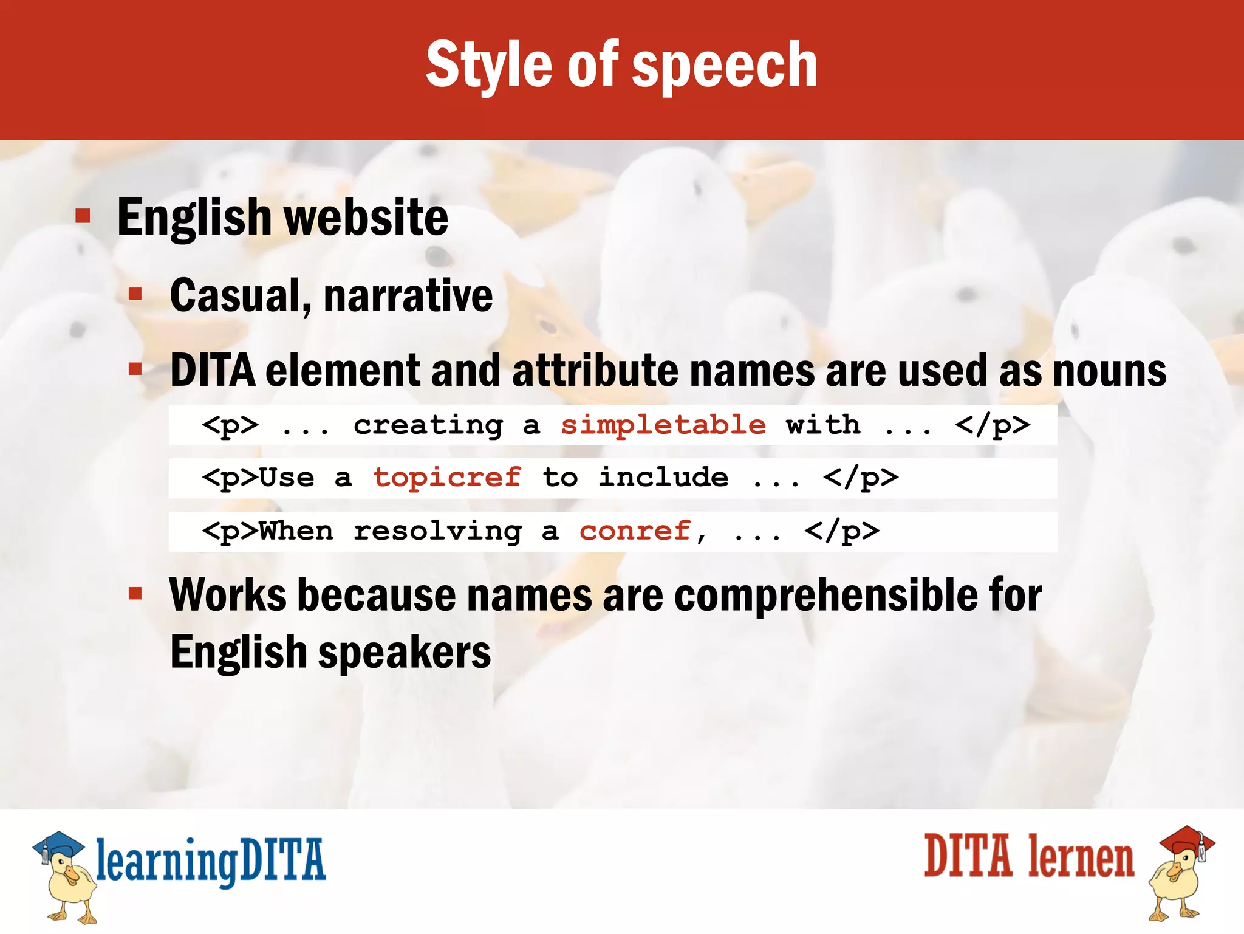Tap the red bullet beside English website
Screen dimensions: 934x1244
83,216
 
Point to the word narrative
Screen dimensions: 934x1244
408,296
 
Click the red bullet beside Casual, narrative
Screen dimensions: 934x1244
135,295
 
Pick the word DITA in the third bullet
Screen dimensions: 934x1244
213,370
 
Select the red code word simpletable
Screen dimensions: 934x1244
663,425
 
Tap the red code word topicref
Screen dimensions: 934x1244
447,478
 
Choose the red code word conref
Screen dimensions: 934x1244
635,531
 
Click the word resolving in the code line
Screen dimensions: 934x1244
437,531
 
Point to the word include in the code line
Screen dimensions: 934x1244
663,478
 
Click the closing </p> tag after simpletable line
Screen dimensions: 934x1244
992,425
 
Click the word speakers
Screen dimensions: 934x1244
405,652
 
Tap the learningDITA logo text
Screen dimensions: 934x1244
211,861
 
